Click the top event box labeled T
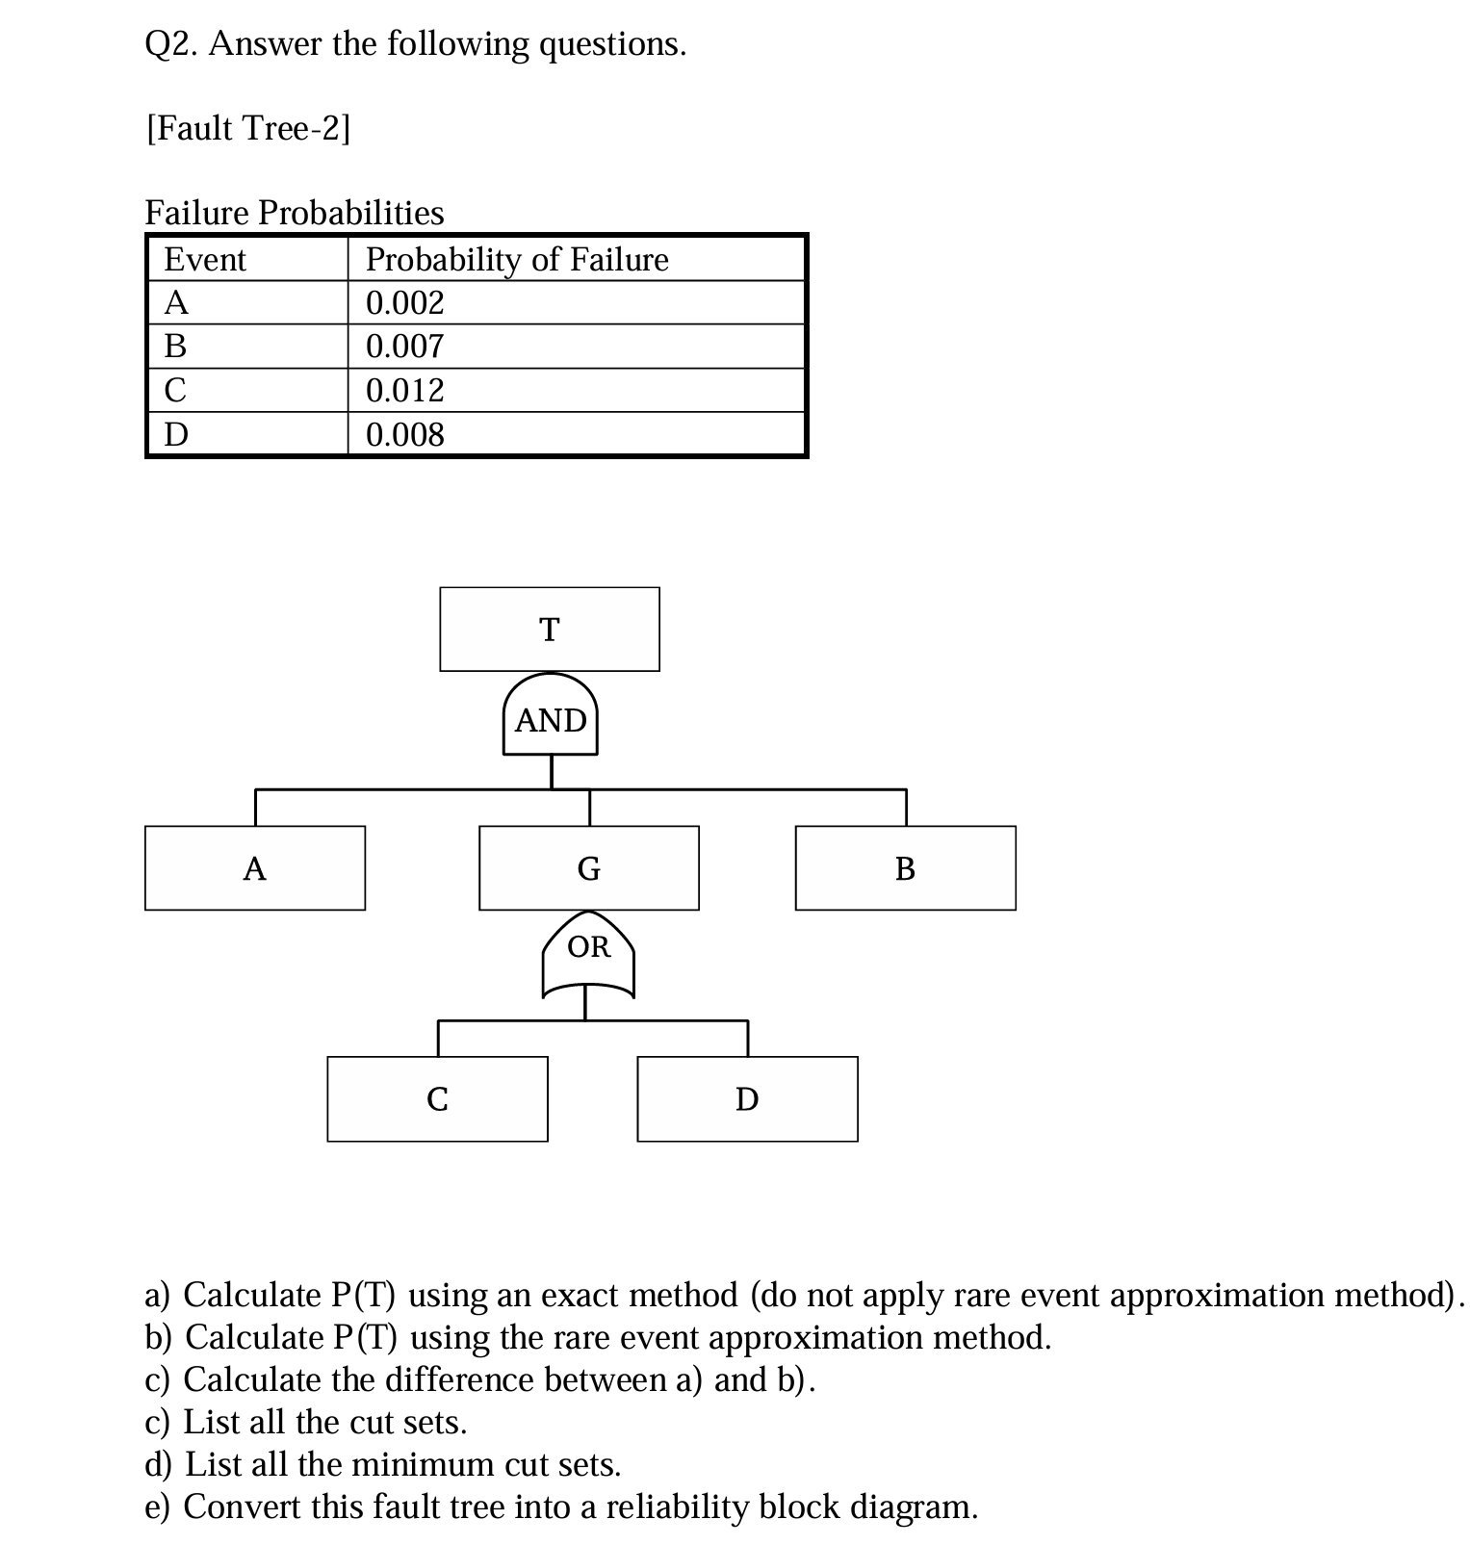[549, 629]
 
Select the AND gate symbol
[550, 717]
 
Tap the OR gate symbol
[588, 955]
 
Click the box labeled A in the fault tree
[255, 867]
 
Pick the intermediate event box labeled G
[588, 867]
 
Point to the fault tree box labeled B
[905, 867]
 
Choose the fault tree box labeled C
[437, 1098]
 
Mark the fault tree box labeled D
[747, 1098]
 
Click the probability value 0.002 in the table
[405, 303]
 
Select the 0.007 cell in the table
[405, 347]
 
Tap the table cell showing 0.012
[405, 391]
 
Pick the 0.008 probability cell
[405, 435]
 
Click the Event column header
[205, 260]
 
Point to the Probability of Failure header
[517, 260]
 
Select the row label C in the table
[175, 391]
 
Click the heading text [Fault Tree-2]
[248, 128]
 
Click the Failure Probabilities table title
[295, 213]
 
